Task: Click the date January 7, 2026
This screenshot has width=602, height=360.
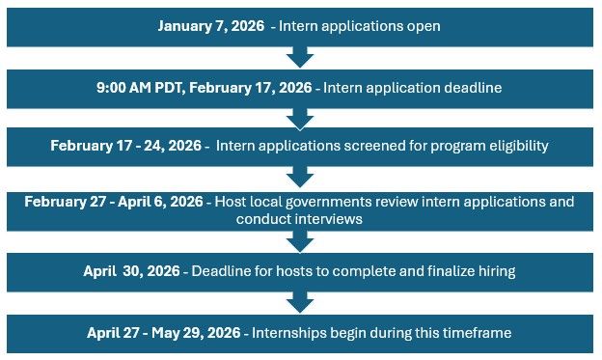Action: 213,26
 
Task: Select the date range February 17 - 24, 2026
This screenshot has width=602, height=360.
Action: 128,147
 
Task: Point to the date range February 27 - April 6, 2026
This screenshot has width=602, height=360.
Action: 114,202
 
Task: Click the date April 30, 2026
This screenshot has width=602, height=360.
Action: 133,271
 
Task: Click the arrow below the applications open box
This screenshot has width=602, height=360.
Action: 300,57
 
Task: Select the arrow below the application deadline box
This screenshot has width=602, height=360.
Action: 300,118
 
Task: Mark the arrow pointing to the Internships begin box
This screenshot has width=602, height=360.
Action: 300,302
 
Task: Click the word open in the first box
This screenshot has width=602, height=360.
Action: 422,26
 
